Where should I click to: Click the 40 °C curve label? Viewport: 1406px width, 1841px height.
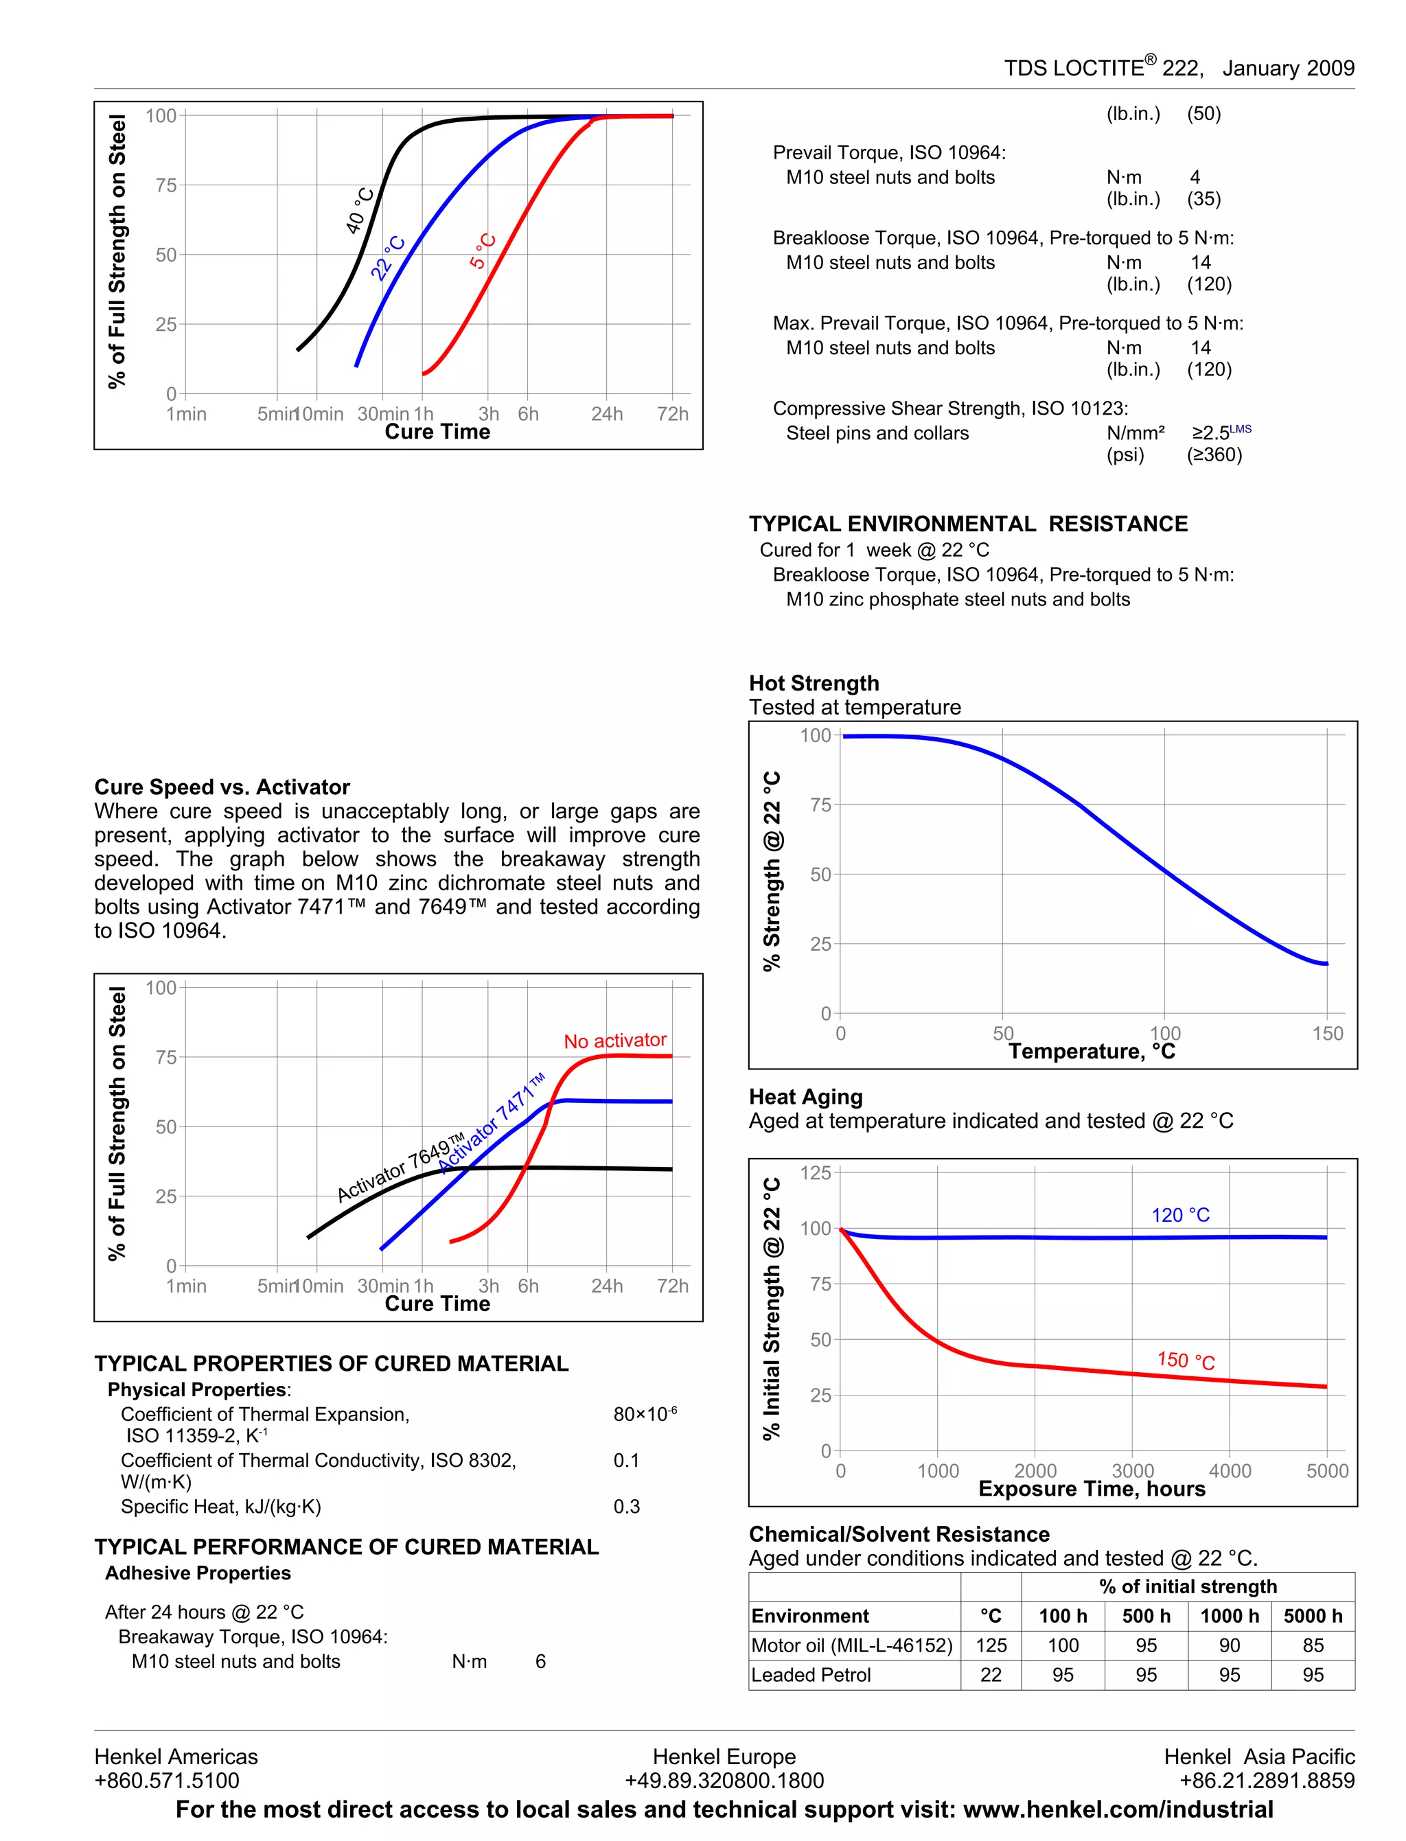click(x=360, y=211)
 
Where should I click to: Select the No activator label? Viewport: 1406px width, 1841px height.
click(x=615, y=1040)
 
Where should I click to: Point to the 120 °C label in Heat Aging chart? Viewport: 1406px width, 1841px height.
click(x=1180, y=1214)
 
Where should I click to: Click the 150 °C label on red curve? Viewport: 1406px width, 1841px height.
click(x=1186, y=1360)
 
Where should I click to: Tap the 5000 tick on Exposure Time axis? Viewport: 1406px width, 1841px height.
click(x=1326, y=1470)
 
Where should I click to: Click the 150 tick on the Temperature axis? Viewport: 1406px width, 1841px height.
click(x=1327, y=1034)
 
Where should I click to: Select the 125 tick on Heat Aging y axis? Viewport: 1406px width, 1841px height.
click(x=815, y=1172)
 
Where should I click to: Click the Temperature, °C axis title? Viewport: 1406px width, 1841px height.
click(x=1092, y=1051)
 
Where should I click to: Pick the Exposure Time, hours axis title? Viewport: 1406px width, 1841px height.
click(x=1092, y=1489)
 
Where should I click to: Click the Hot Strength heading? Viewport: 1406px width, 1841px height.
click(x=814, y=683)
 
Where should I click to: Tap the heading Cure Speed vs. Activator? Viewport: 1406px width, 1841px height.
click(x=222, y=787)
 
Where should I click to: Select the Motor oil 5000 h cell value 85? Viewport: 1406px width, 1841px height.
click(x=1312, y=1645)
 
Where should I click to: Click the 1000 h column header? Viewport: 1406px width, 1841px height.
click(x=1229, y=1616)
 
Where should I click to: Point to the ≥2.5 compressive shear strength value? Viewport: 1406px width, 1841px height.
click(x=1211, y=432)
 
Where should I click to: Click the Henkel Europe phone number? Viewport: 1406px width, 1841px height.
click(x=724, y=1780)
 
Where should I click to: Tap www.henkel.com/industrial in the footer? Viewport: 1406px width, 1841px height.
click(x=1118, y=1809)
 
